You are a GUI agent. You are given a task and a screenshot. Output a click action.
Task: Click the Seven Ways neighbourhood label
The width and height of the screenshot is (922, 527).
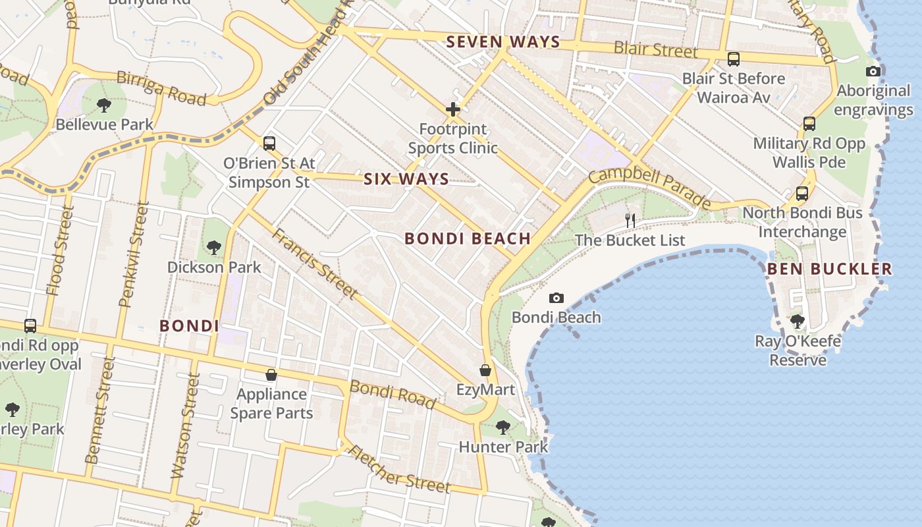pos(503,42)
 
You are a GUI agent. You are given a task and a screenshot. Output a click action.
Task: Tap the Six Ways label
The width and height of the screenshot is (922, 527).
pos(406,179)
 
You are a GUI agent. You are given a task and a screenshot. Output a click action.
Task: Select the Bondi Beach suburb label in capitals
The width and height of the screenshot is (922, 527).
pos(468,238)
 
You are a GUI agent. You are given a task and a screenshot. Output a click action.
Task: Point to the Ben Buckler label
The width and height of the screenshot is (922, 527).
pos(830,269)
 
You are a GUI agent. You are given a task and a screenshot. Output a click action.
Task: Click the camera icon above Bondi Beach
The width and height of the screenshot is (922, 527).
pos(556,298)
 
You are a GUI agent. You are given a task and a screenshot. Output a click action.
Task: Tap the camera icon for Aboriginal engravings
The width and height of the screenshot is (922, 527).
pos(873,71)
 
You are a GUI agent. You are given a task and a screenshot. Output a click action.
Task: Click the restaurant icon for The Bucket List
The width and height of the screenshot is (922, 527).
pos(630,220)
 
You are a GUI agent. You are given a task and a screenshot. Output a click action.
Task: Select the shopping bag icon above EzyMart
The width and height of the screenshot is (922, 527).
pos(485,370)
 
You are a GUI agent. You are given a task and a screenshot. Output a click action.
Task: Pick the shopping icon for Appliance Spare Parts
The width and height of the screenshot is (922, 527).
pos(271,375)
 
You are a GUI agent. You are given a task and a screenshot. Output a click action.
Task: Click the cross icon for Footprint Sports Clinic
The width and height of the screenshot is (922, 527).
pos(452,109)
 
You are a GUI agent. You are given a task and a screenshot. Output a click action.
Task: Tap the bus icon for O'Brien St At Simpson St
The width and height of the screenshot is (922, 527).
pos(269,143)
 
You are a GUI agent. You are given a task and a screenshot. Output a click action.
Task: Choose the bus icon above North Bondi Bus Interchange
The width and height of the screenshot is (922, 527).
pos(801,194)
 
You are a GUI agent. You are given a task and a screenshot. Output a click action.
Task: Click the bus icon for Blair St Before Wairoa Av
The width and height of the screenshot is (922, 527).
pos(734,59)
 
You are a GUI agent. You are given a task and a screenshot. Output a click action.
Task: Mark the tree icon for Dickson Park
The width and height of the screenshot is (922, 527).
pos(213,248)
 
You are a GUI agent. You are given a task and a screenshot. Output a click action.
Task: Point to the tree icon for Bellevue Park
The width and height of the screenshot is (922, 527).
pos(103,105)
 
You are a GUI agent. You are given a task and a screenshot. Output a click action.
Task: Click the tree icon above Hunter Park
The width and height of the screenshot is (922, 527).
pos(503,428)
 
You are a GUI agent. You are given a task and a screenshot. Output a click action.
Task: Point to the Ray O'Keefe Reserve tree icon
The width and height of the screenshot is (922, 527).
pos(798,321)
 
